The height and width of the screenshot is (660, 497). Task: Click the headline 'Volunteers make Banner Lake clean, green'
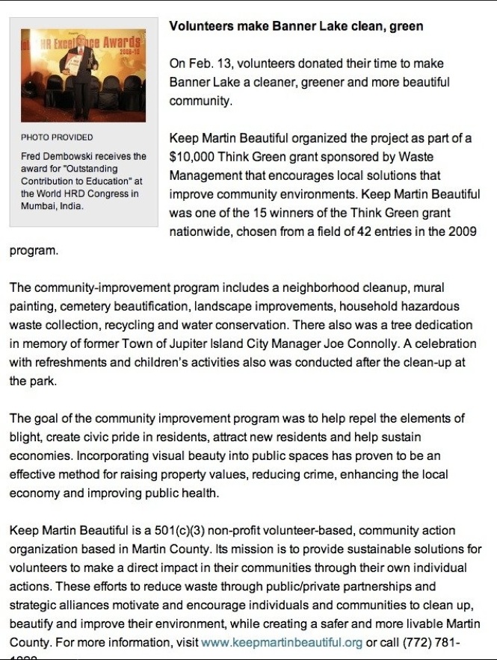[x=296, y=26]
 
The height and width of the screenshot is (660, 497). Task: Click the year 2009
[x=462, y=232]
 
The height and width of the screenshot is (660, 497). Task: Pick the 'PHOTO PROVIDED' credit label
[x=57, y=137]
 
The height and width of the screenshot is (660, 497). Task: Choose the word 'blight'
[x=25, y=436]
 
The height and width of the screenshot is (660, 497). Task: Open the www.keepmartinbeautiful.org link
[x=282, y=643]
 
